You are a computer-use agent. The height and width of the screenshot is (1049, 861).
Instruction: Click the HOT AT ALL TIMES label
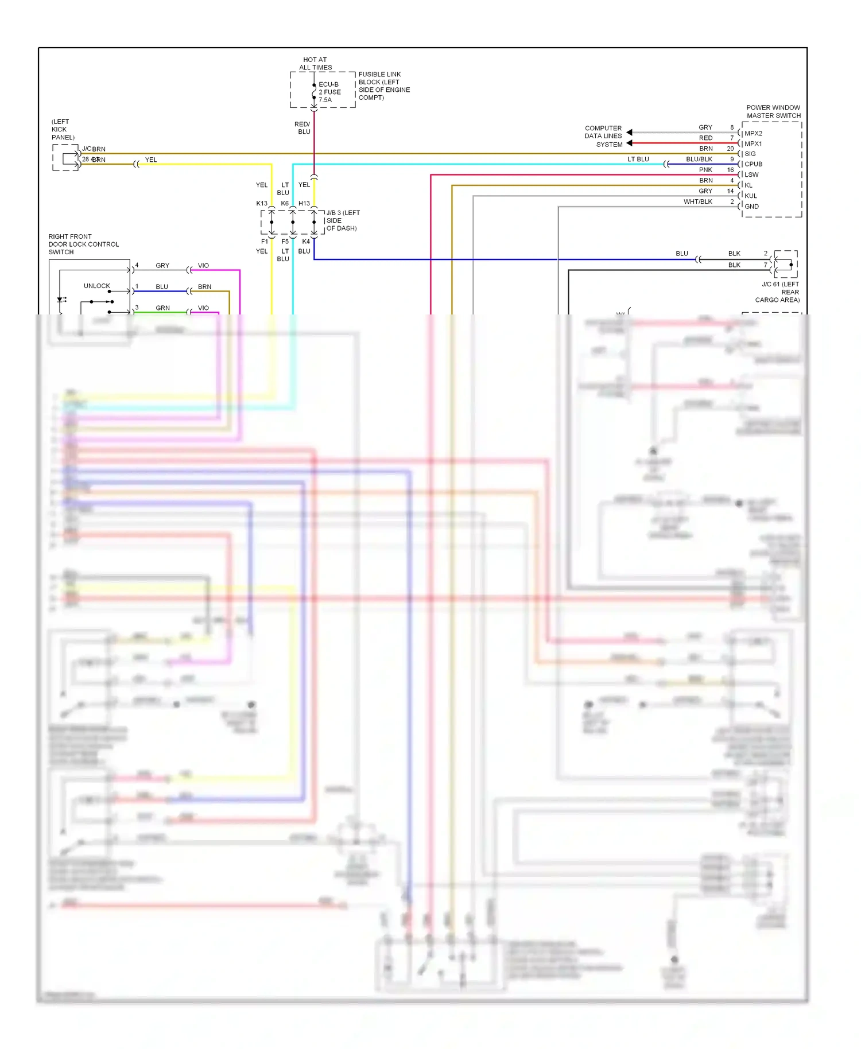pos(315,63)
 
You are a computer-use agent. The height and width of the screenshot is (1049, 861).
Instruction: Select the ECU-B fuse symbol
pos(314,92)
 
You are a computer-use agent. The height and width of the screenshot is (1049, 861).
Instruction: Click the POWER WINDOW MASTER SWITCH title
pos(773,111)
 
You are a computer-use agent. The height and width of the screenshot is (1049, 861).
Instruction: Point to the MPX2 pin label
pos(753,133)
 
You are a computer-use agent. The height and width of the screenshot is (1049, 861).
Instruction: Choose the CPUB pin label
pos(753,164)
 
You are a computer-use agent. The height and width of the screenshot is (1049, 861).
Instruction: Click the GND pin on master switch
pos(751,206)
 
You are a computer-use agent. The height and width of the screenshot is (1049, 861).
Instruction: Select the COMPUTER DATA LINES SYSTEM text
pos(603,136)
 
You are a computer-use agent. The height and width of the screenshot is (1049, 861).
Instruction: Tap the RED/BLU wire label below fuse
pos(302,128)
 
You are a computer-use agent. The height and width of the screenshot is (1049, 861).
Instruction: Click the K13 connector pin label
pos(262,203)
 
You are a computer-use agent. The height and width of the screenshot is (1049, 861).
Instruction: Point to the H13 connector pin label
pos(304,203)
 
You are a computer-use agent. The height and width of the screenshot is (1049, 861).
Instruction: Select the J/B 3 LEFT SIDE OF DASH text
pos(342,220)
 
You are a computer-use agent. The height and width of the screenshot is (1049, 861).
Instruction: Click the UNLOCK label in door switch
pos(97,286)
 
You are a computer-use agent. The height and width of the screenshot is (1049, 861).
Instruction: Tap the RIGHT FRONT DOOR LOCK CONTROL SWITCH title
pos(83,244)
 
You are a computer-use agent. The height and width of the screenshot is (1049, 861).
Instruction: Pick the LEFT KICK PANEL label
pos(62,129)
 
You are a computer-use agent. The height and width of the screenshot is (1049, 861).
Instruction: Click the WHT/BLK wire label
pos(697,201)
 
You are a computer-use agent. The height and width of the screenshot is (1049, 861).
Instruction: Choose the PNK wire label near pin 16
pos(705,170)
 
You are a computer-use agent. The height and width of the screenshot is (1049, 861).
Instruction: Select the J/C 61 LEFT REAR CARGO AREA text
pos(779,292)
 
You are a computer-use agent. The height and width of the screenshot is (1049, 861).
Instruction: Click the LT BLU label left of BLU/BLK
pos(638,159)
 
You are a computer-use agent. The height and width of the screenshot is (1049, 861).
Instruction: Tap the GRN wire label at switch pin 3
pos(162,308)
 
